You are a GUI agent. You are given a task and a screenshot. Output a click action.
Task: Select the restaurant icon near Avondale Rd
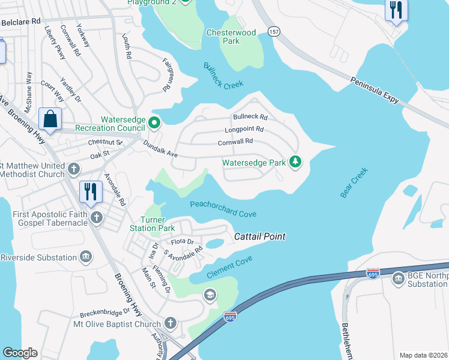click(91, 192)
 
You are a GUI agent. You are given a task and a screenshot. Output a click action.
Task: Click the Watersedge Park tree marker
click(295, 161)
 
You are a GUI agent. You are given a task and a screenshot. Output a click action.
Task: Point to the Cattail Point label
click(259, 237)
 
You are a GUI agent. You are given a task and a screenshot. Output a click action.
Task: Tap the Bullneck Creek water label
click(223, 76)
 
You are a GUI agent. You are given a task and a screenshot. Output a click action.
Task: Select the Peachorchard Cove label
click(223, 209)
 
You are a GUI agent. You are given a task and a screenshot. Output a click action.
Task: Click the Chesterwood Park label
click(231, 37)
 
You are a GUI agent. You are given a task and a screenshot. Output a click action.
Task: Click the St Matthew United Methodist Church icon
click(73, 169)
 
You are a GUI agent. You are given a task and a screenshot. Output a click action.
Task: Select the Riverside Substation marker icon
click(86, 257)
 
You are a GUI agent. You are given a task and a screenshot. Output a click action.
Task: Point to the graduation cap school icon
click(209, 294)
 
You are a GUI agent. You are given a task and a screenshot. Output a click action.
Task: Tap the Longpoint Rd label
click(244, 129)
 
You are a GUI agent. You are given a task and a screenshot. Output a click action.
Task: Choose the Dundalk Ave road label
click(160, 150)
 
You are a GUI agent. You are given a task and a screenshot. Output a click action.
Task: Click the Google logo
click(20, 353)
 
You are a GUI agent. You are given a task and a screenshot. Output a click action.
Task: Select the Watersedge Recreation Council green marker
click(154, 123)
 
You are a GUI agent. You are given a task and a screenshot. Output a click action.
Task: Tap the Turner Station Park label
click(152, 224)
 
